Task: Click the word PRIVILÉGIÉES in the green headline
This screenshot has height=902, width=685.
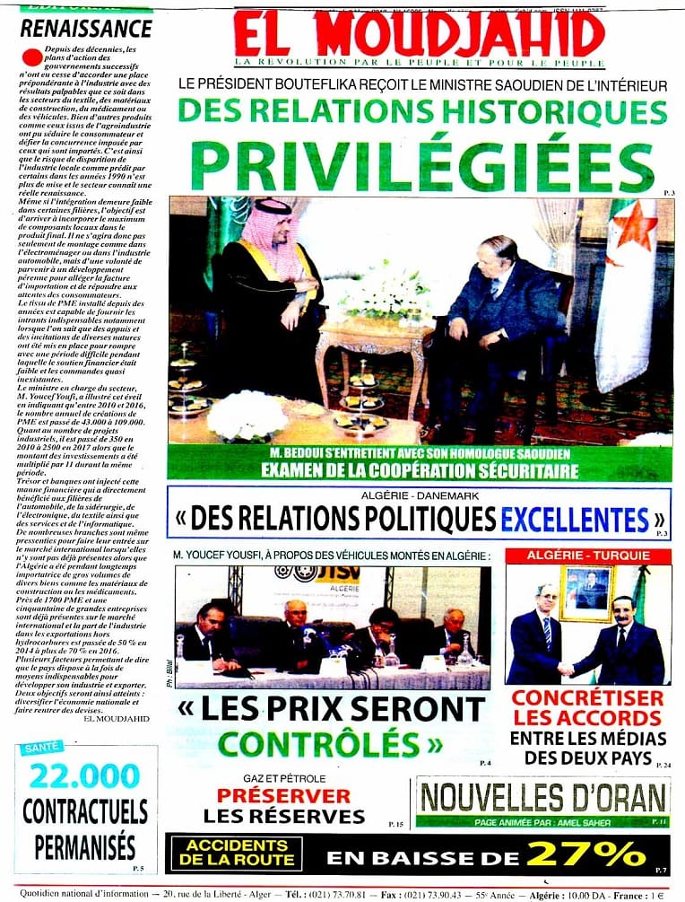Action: [421, 165]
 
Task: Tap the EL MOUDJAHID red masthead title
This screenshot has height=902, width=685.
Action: [420, 36]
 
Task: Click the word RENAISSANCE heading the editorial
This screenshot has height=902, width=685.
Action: [86, 28]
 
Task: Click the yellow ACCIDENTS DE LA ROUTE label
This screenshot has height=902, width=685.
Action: [225, 854]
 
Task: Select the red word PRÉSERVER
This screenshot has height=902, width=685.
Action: [283, 795]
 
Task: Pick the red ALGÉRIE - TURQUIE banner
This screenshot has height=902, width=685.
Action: [588, 556]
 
